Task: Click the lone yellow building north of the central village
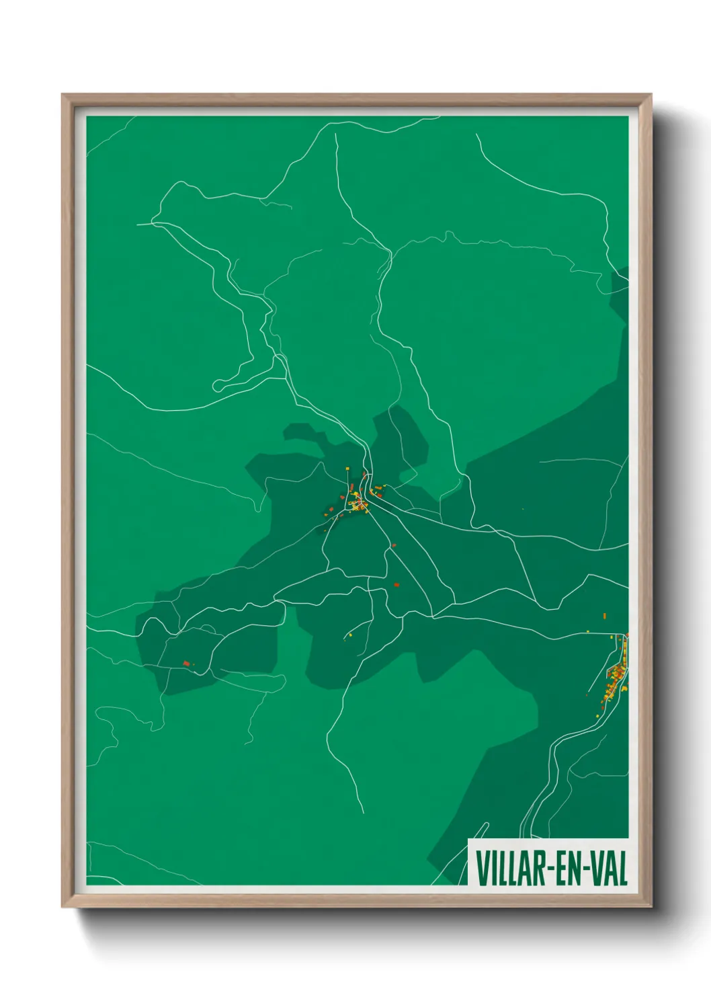[347, 469]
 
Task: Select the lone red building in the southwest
[186, 664]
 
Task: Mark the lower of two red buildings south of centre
[396, 585]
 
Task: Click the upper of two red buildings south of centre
[394, 545]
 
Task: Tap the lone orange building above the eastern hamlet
[605, 615]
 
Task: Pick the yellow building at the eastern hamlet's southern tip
[598, 717]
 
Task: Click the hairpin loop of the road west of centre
[218, 387]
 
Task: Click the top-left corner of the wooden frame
[62, 95]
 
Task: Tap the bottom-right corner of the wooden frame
[651, 907]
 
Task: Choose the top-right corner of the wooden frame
[651, 95]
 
